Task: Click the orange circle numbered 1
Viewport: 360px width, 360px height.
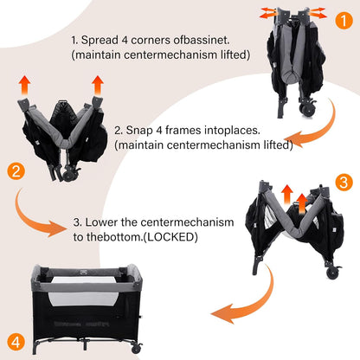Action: (344, 21)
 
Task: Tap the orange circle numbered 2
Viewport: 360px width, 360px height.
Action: (16, 171)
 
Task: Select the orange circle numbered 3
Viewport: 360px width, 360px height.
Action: (344, 183)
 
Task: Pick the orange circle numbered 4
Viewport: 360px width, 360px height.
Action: (16, 342)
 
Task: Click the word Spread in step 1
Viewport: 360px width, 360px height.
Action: (100, 41)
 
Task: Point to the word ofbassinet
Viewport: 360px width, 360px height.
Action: (202, 40)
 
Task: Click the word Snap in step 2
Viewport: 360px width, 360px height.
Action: (139, 131)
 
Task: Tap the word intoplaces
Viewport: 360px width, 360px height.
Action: (232, 131)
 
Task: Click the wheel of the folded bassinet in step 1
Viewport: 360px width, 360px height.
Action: (306, 110)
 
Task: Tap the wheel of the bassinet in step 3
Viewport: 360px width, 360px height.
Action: (332, 272)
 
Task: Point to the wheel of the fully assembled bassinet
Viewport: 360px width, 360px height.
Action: (136, 349)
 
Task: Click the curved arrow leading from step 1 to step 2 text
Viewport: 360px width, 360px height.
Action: (326, 130)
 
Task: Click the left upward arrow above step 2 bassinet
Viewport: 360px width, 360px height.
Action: (24, 85)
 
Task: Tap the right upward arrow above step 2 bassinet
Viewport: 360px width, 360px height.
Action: (98, 85)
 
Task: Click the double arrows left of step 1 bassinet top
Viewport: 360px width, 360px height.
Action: (268, 13)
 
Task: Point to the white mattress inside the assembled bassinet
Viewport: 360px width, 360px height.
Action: (84, 289)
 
